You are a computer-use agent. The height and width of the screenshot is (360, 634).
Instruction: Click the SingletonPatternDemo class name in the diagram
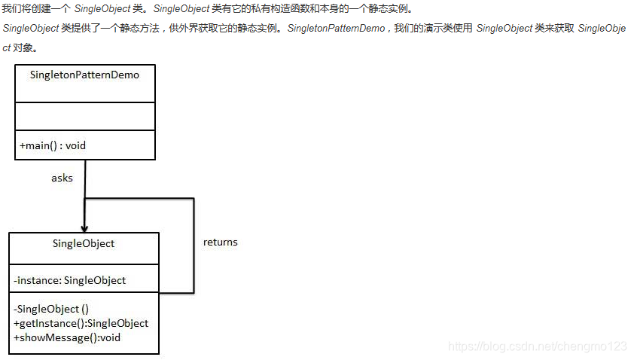pos(84,75)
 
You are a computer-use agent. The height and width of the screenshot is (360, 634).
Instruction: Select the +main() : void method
pos(53,145)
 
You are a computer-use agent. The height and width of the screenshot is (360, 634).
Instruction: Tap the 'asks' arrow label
pos(62,178)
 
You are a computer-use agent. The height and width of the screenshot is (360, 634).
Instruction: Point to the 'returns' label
pos(220,243)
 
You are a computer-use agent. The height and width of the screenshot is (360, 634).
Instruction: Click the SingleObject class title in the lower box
pos(84,244)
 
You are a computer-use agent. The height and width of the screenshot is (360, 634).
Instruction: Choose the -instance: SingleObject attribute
pos(69,281)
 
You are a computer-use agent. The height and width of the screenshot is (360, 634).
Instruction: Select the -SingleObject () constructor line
pos(51,309)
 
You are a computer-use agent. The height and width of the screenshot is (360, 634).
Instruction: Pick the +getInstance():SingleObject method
pos(81,323)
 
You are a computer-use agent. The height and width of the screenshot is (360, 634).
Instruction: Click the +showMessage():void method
pos(67,337)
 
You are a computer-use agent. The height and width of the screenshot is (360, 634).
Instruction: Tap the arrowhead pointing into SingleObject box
pos(84,227)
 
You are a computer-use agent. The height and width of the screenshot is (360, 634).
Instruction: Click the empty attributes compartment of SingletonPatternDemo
pos(84,116)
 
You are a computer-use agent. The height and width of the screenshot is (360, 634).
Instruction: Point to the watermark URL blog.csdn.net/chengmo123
pos(537,346)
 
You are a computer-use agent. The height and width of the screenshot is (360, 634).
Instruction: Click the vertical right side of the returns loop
pos(194,245)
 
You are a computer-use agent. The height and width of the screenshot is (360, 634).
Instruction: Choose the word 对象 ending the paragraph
pos(24,47)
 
